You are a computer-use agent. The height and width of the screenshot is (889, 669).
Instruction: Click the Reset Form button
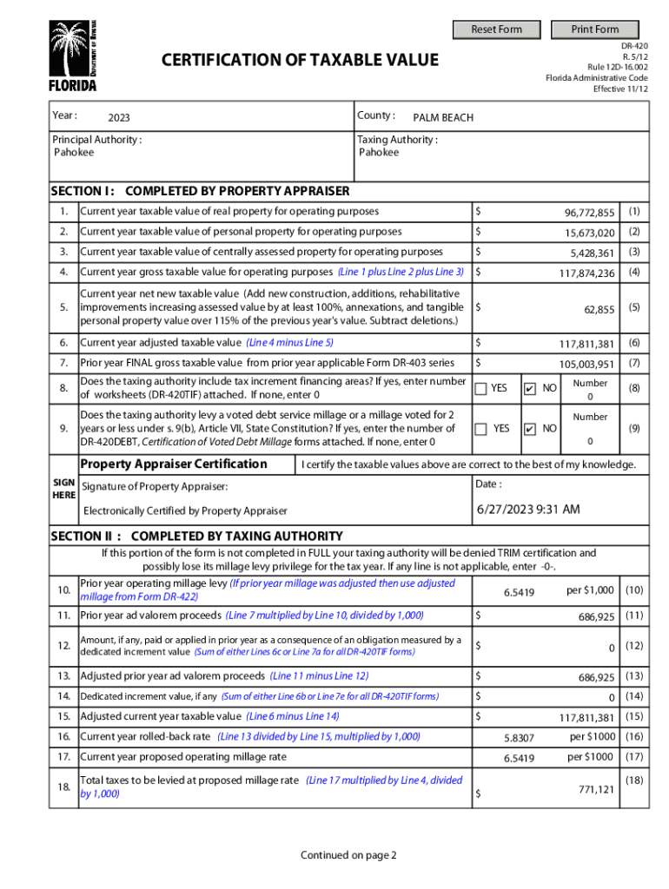pyautogui.click(x=496, y=30)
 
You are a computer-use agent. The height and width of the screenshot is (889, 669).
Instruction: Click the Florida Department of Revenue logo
pyautogui.click(x=73, y=56)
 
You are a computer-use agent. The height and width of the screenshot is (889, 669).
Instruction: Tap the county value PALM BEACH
pyautogui.click(x=443, y=117)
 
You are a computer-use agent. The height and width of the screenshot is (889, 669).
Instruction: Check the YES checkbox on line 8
pyautogui.click(x=480, y=388)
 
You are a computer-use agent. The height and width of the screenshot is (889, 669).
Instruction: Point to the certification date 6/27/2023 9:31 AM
pyautogui.click(x=528, y=509)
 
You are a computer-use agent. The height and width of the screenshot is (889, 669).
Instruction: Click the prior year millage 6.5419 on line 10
pyautogui.click(x=519, y=593)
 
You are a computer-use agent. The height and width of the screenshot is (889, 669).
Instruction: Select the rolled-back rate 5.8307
pyautogui.click(x=519, y=737)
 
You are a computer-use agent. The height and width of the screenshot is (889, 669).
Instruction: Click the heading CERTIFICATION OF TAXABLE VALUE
pyautogui.click(x=301, y=60)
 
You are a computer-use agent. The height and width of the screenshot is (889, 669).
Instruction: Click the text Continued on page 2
pyautogui.click(x=348, y=855)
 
